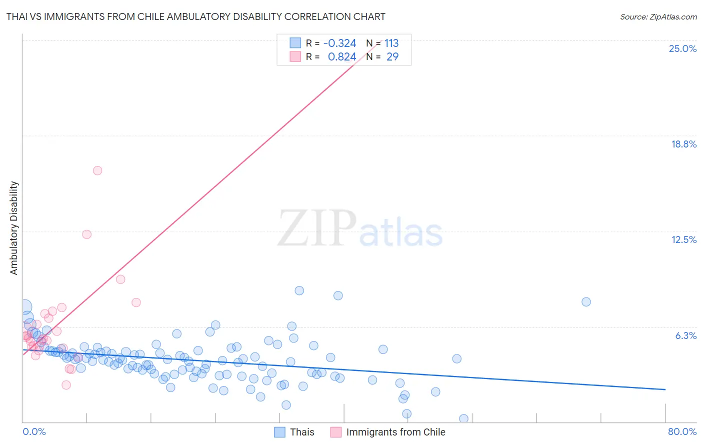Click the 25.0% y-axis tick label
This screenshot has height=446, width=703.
682,48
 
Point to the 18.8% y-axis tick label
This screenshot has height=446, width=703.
683,144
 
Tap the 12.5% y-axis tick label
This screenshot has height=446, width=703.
683,239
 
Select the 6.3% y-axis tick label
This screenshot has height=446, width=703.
685,335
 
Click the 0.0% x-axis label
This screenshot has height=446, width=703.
34,431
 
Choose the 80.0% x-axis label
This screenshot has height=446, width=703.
682,431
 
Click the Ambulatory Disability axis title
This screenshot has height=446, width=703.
14,227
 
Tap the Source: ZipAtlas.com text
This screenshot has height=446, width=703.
658,16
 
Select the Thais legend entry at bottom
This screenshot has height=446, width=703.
302,432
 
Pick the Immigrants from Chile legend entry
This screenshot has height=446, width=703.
395,432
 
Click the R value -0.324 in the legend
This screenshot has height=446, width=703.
340,43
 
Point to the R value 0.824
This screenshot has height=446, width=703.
342,57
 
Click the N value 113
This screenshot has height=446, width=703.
391,43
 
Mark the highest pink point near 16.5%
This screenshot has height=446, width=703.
97,170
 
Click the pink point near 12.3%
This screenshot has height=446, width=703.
87,234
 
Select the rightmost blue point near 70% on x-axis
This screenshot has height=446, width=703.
586,301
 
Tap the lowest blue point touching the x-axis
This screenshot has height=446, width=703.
463,418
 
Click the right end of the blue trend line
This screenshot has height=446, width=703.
665,389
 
